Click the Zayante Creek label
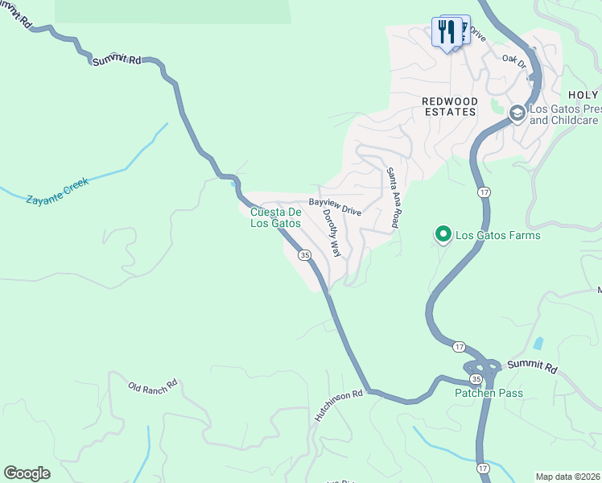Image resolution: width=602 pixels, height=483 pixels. click(x=57, y=190)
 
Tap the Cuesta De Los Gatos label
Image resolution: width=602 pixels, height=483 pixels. click(x=275, y=217)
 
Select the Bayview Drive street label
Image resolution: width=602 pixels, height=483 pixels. click(x=335, y=207)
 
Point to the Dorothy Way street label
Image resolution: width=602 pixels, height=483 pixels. click(x=332, y=233)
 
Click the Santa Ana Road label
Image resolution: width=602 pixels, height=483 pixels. click(x=392, y=198)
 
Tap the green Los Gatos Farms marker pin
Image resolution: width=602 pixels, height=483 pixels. click(x=442, y=235)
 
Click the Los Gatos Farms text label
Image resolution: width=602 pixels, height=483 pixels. click(x=497, y=236)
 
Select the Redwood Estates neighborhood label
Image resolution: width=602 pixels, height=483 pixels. click(x=450, y=106)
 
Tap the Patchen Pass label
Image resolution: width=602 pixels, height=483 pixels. click(x=489, y=394)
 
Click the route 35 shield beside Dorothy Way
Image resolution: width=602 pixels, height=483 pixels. click(x=304, y=255)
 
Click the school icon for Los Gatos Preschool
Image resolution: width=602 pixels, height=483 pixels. click(x=516, y=114)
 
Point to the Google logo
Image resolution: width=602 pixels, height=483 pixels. click(x=27, y=473)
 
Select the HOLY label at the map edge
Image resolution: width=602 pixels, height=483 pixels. click(x=583, y=96)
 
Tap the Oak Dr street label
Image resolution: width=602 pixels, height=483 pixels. click(x=513, y=60)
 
